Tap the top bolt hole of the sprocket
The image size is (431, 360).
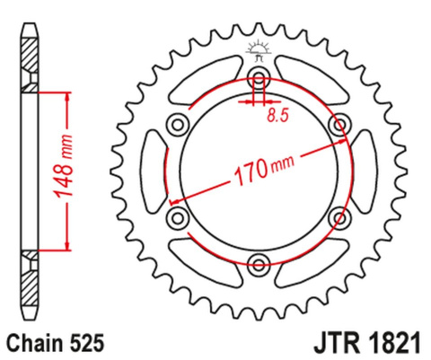[x=259, y=75]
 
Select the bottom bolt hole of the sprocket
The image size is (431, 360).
[x=259, y=264]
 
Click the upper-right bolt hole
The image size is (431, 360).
[x=340, y=122]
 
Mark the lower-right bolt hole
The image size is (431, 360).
[x=340, y=216]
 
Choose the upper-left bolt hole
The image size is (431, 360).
[x=177, y=122]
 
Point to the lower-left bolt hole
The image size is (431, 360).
[x=177, y=216]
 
